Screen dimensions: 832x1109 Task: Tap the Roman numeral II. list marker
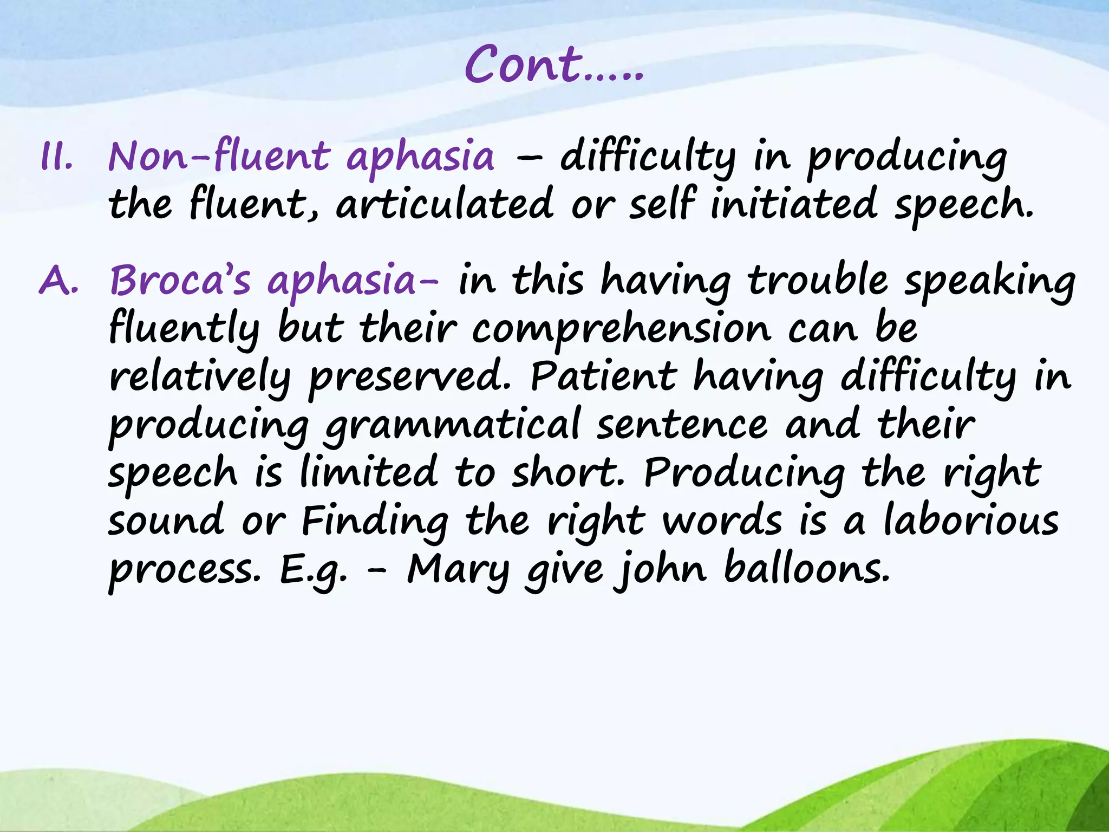coord(56,158)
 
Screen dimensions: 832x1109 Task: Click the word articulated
coord(445,204)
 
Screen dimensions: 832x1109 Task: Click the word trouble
coord(818,281)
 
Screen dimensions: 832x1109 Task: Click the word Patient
coord(604,376)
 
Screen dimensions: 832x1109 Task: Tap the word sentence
coord(682,425)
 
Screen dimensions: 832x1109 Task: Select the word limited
coord(369,471)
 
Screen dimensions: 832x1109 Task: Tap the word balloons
coord(807,569)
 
